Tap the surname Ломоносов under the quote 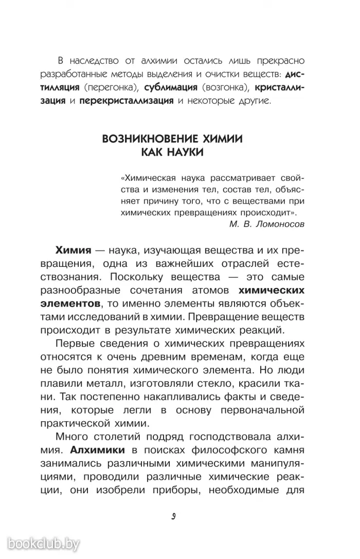280,224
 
